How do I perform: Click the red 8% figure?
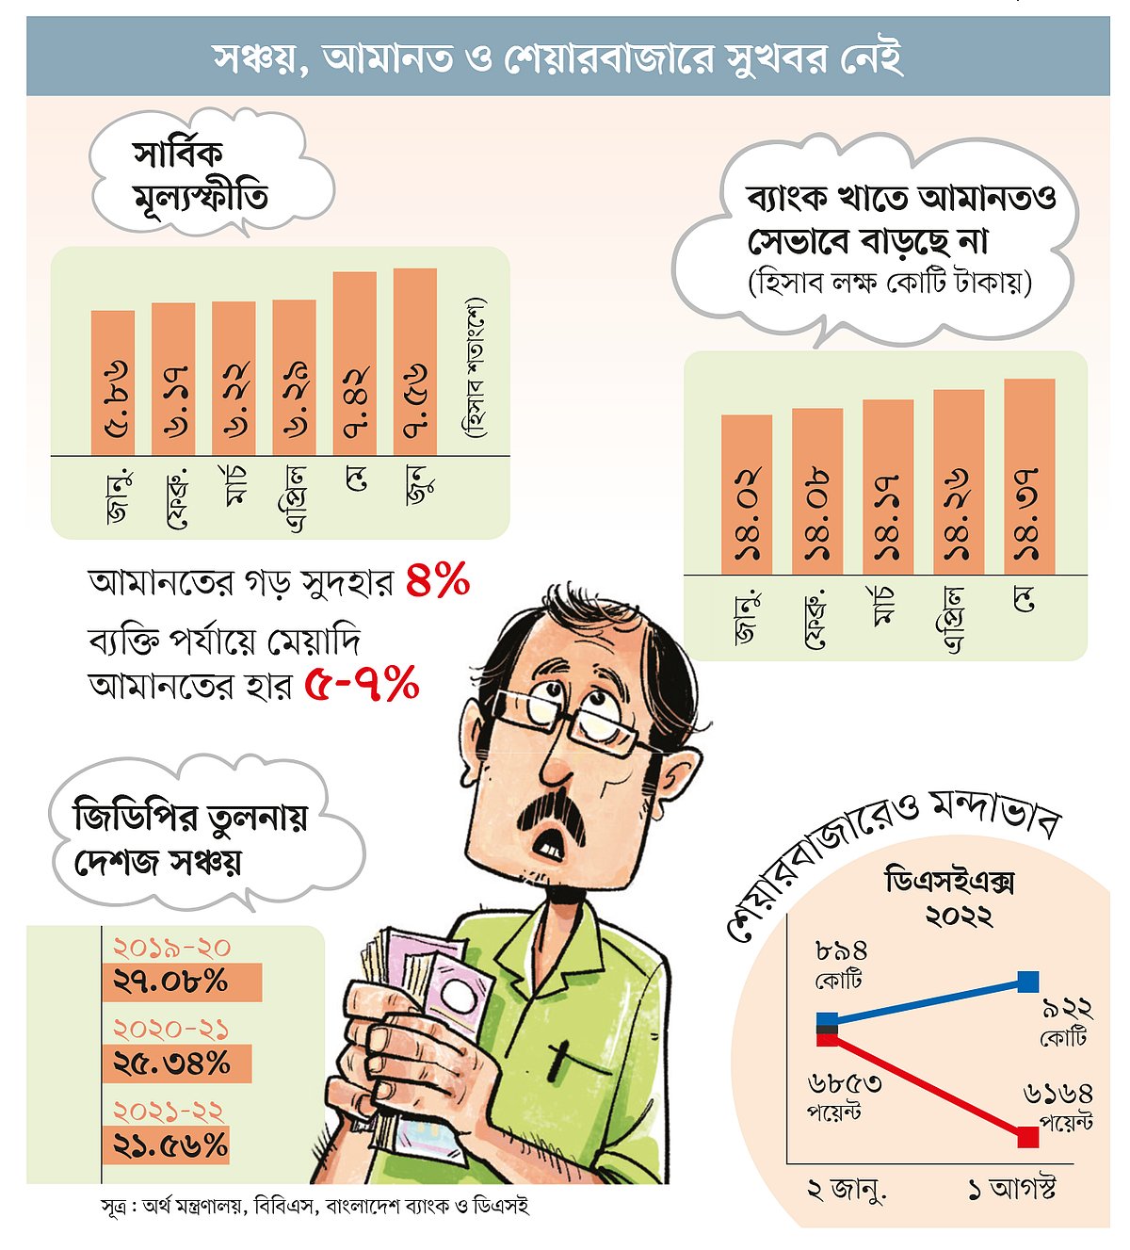[438, 581]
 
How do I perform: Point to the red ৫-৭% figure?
[362, 685]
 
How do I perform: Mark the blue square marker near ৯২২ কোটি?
[1028, 982]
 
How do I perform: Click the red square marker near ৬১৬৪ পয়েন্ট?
[1028, 1137]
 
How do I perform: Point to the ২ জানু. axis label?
[847, 1191]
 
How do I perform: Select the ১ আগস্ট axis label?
[1011, 1190]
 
